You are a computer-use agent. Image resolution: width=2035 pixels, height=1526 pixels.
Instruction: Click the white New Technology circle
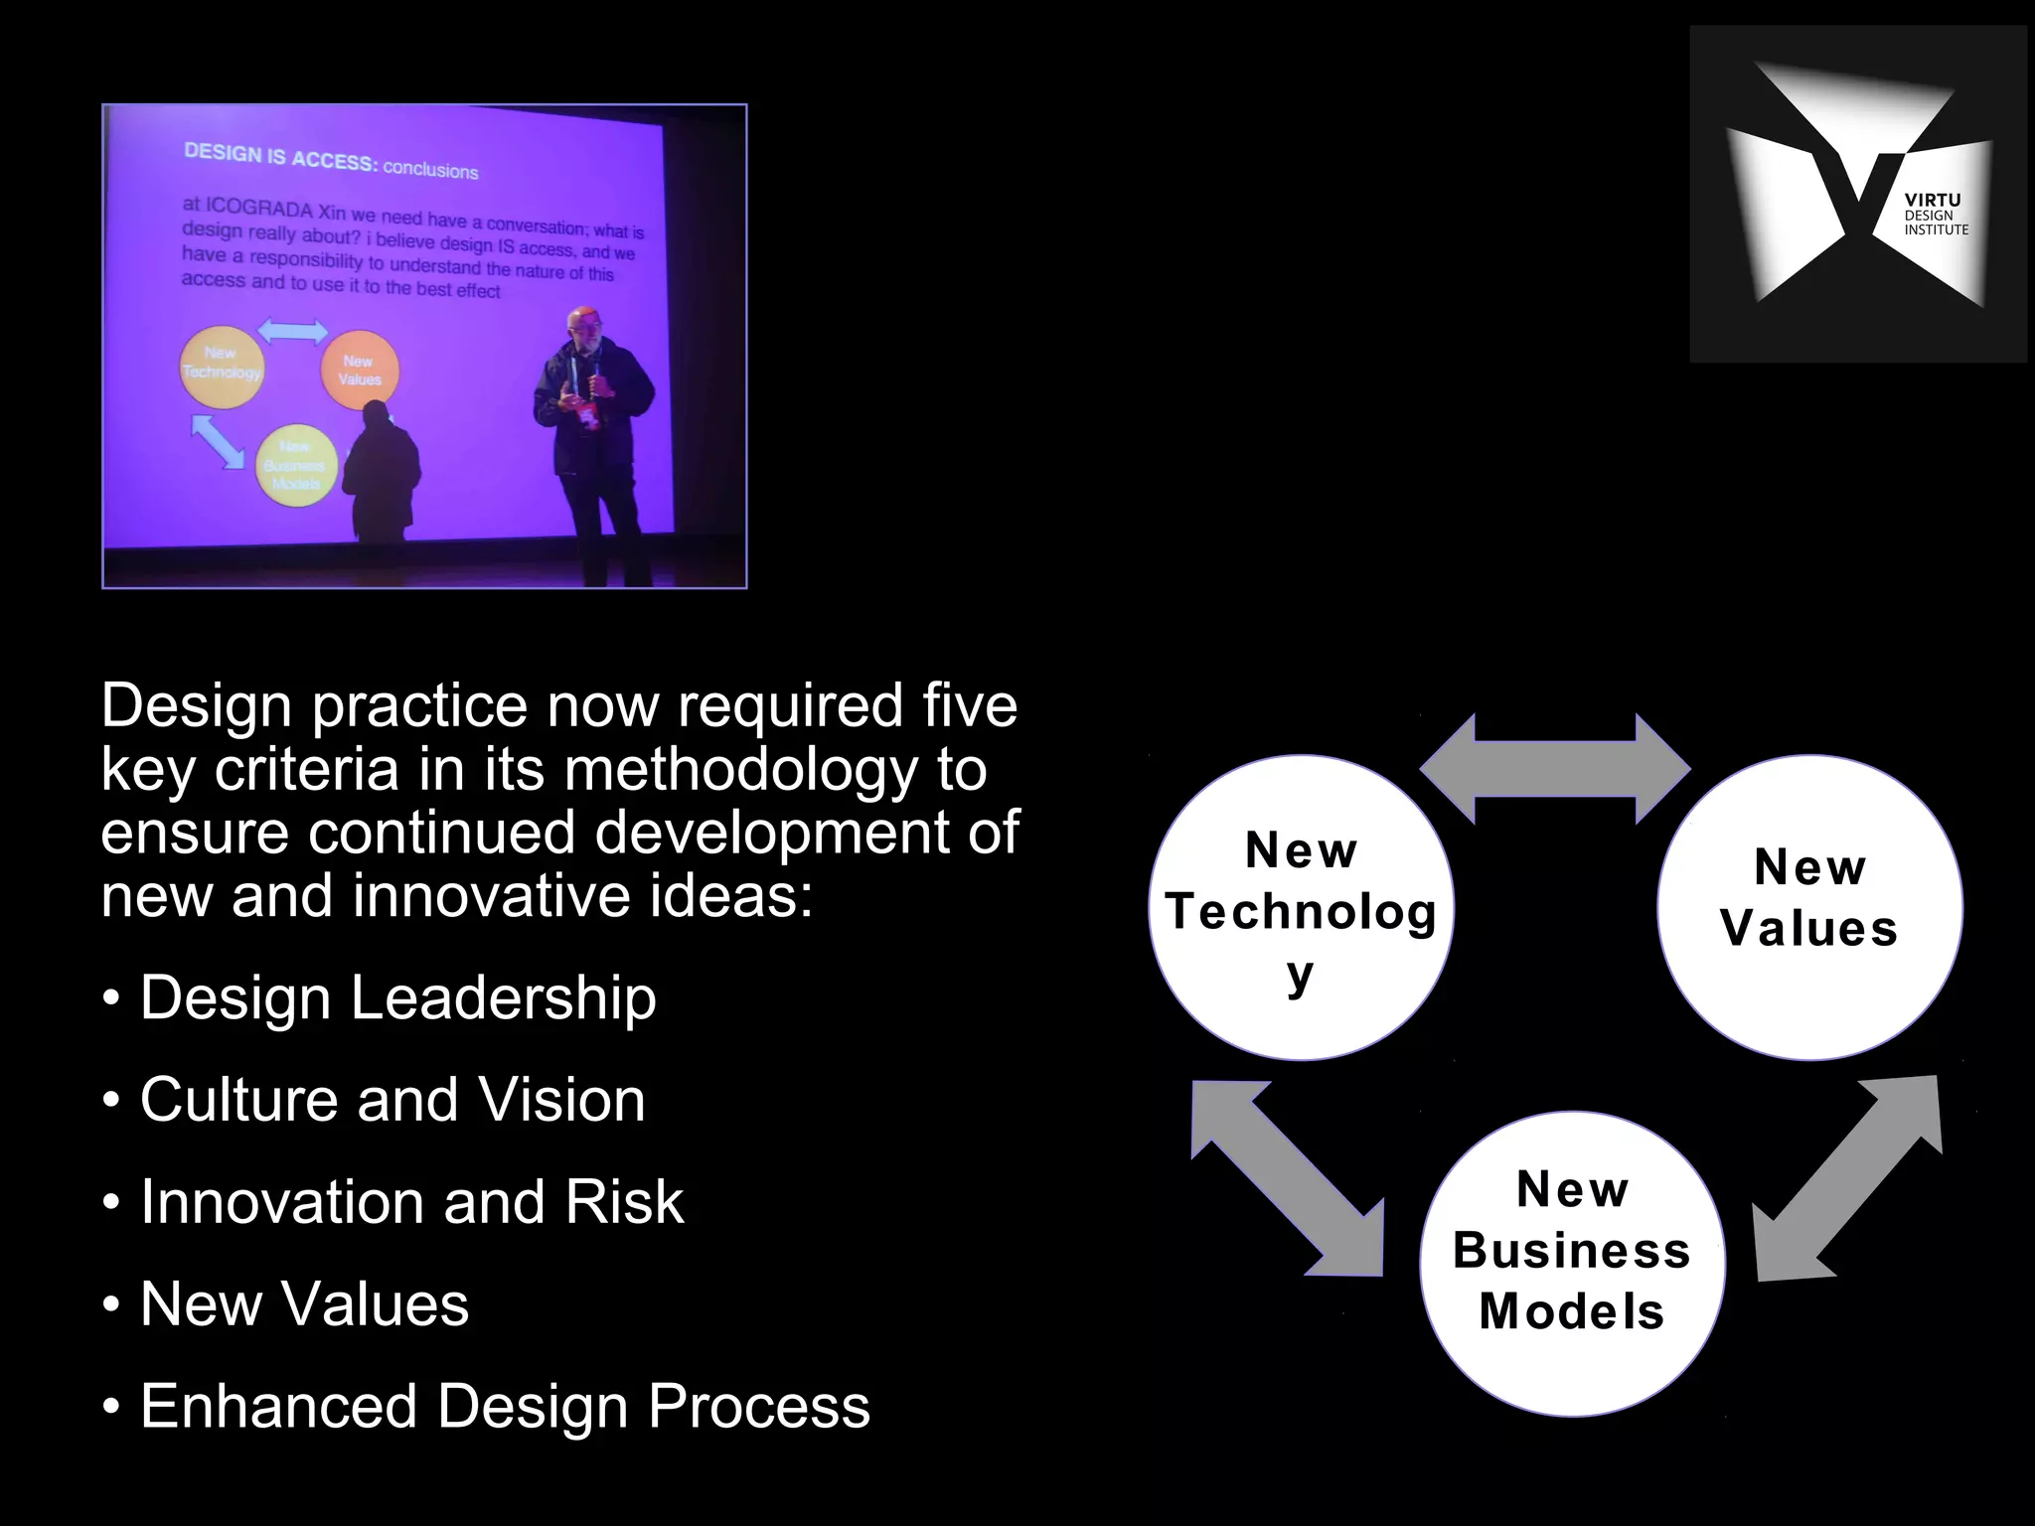[1301, 907]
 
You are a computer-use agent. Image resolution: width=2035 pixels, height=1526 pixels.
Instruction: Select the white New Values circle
[1809, 907]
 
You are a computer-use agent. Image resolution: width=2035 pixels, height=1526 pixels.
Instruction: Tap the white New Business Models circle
[1572, 1263]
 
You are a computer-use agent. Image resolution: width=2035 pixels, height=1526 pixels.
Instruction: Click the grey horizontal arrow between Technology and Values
[1554, 769]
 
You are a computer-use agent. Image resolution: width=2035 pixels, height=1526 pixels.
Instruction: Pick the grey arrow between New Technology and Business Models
[1288, 1178]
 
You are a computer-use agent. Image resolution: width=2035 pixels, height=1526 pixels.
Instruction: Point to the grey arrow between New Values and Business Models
[1847, 1178]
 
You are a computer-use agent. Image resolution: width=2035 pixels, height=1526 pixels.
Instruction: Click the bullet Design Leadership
[397, 997]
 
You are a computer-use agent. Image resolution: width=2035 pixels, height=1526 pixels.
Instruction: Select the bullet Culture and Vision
[391, 1100]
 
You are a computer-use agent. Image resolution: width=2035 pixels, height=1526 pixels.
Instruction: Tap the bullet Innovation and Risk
[411, 1202]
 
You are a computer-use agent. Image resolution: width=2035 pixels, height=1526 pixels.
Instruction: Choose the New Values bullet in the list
[304, 1304]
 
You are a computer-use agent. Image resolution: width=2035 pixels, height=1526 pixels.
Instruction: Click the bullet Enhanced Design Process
[505, 1407]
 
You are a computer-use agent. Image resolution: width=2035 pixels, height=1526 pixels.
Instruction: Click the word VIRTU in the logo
[1932, 201]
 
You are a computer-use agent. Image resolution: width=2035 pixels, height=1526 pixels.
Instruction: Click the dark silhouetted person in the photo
[379, 467]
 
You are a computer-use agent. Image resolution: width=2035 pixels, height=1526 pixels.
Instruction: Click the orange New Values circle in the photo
[359, 371]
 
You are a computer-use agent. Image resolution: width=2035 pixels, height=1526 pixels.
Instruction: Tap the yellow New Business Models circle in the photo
[294, 466]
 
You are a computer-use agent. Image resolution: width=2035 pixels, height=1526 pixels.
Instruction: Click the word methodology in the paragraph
[739, 770]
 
